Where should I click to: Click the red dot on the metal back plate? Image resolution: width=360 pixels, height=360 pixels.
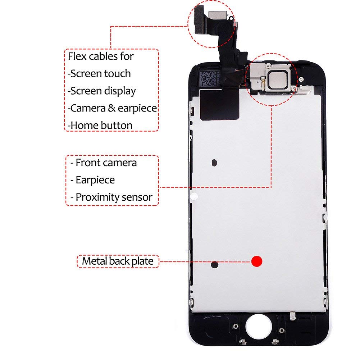(256, 261)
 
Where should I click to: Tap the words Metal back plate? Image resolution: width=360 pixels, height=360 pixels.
(118, 261)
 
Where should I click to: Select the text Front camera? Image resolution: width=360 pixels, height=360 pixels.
(106, 163)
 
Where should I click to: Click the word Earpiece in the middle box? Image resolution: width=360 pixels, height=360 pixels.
(95, 180)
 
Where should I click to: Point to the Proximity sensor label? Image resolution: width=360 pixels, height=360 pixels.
(114, 197)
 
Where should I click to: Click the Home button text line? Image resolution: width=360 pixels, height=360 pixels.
(100, 126)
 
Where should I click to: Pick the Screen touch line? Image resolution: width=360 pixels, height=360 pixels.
(99, 73)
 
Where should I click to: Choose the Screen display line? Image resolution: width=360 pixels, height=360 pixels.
(102, 91)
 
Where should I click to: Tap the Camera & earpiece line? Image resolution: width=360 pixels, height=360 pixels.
(112, 108)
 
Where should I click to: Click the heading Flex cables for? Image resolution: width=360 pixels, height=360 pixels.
(101, 56)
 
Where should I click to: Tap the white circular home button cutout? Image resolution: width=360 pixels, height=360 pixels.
(259, 327)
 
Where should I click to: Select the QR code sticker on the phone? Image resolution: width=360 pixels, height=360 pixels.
(208, 78)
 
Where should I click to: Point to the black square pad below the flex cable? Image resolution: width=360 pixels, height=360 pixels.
(220, 105)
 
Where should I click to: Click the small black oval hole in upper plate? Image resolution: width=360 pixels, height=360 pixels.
(214, 163)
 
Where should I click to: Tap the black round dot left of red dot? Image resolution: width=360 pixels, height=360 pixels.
(214, 264)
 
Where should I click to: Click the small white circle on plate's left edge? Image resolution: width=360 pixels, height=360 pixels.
(194, 196)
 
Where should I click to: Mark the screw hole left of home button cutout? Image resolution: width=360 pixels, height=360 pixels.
(236, 326)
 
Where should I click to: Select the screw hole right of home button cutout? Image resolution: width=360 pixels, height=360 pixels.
(282, 331)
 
